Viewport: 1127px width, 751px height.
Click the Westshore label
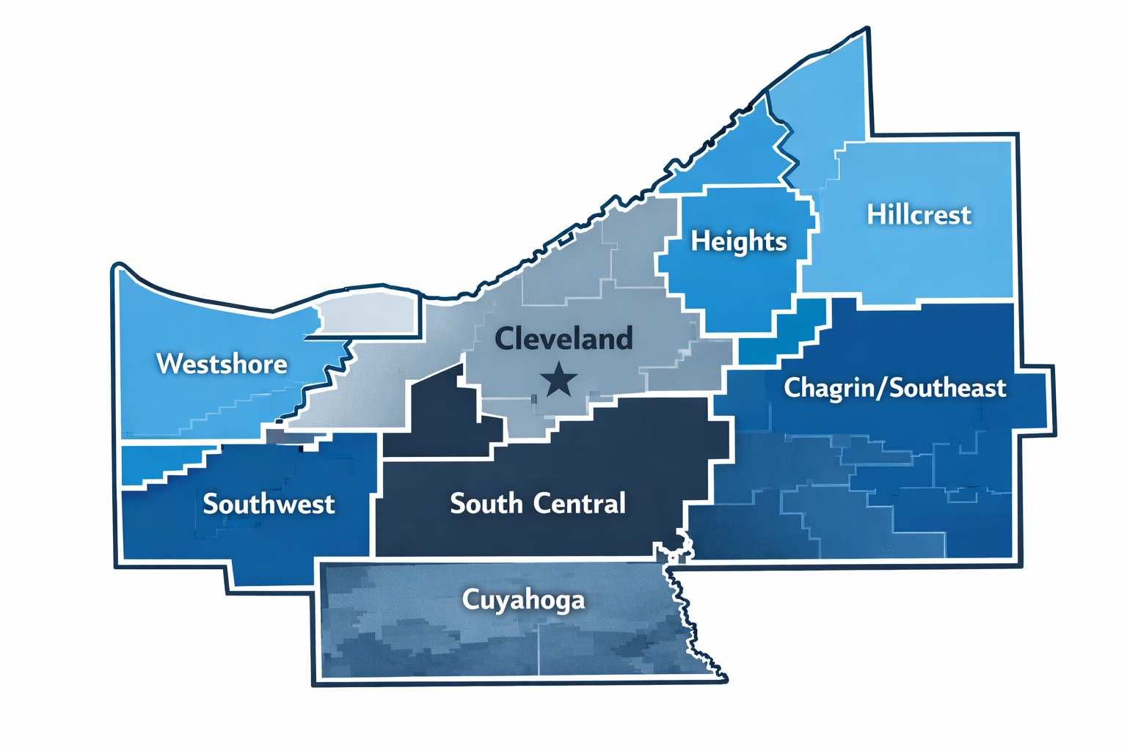(222, 364)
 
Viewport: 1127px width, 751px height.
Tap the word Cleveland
(563, 339)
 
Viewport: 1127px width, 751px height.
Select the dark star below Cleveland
(559, 380)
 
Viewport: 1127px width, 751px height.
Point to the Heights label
(738, 241)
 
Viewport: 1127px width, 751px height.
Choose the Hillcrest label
(919, 215)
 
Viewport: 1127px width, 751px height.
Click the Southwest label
(269, 504)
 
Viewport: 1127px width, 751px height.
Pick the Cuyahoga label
(523, 600)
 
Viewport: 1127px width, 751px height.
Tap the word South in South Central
(486, 504)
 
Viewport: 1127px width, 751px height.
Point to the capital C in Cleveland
(505, 339)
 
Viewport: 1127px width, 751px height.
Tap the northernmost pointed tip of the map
(867, 30)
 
